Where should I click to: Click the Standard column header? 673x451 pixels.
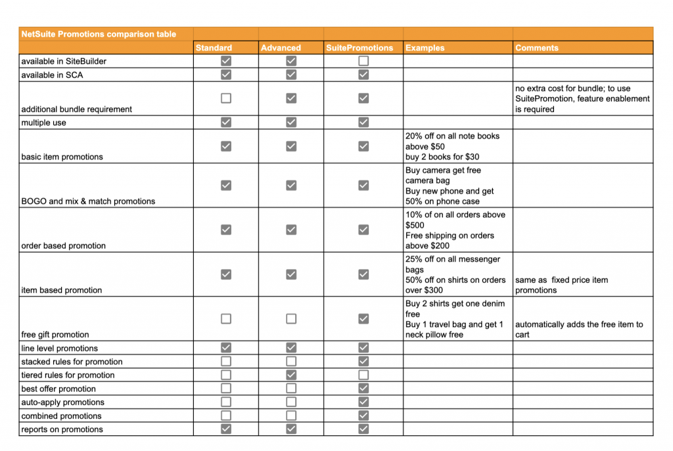tap(214, 48)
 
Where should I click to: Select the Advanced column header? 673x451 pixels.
tap(281, 48)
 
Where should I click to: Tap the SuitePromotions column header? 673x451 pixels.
tap(360, 48)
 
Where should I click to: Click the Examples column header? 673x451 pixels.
tap(425, 48)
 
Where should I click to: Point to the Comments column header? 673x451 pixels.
tap(536, 48)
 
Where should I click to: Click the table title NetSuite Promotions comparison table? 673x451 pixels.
tap(99, 34)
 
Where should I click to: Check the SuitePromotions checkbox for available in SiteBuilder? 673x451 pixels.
tap(363, 61)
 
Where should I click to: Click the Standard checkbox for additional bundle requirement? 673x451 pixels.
tap(226, 98)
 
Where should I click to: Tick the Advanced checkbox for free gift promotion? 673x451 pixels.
tap(291, 318)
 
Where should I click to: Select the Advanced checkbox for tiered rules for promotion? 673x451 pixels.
tap(291, 375)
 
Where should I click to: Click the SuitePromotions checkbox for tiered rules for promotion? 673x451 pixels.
tap(363, 375)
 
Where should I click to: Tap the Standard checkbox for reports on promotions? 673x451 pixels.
tap(226, 429)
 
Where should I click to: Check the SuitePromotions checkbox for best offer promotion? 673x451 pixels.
tap(363, 389)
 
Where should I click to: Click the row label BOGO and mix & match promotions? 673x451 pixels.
tap(88, 202)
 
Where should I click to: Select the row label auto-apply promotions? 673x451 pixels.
tap(62, 402)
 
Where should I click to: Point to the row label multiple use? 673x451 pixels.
tap(43, 123)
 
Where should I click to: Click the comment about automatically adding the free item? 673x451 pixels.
tap(579, 330)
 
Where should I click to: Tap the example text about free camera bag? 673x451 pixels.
tap(443, 175)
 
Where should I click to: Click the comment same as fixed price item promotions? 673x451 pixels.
tap(561, 285)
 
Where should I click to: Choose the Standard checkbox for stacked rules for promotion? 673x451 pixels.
tap(226, 362)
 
